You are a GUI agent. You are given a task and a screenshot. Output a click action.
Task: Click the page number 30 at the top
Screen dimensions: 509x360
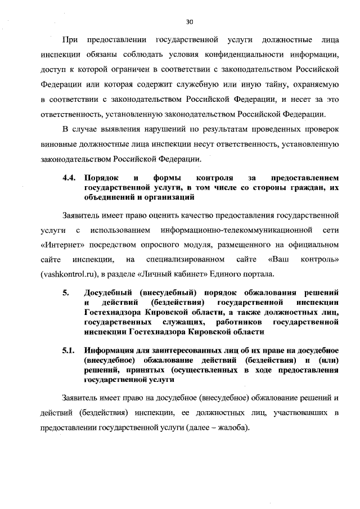pos(189,22)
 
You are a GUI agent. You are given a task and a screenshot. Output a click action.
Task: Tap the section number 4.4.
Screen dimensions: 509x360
pos(69,178)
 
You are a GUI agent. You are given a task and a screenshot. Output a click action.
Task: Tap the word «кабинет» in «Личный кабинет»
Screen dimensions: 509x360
pos(213,274)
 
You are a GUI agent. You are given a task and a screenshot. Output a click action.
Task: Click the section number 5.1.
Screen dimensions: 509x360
pos(69,352)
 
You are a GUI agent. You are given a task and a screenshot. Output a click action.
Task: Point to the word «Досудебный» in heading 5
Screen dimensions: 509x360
pos(110,293)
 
